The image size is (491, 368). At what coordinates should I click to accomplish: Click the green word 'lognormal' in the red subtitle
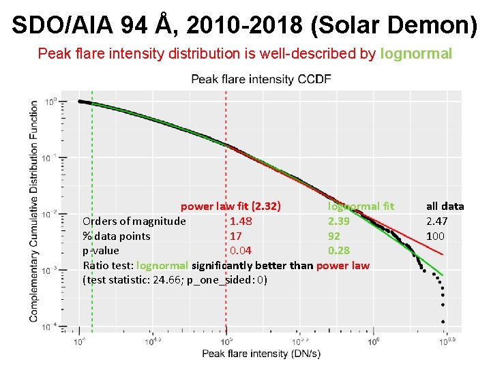pos(416,53)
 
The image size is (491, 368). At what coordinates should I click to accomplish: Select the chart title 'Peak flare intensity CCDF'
pos(261,79)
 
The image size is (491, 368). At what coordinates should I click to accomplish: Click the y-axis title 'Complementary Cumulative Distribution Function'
pos(34,211)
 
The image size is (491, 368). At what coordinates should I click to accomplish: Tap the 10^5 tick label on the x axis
pos(224,340)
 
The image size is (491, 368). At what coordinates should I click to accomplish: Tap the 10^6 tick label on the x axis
pos(372,340)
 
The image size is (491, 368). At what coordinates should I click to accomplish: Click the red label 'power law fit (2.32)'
pos(231,206)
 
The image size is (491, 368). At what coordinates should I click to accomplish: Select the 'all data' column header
pos(445,206)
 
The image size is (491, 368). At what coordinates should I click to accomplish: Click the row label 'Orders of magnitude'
pos(134,221)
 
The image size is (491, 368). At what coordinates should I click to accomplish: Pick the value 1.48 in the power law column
pos(241,221)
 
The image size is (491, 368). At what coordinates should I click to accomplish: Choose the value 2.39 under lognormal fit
pos(339,221)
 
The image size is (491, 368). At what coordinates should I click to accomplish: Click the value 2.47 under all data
pos(437,221)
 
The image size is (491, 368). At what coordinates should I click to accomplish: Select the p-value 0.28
pos(339,251)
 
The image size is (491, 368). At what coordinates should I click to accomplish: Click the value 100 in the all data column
pos(435,236)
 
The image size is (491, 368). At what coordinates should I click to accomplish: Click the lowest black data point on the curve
pos(443,321)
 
